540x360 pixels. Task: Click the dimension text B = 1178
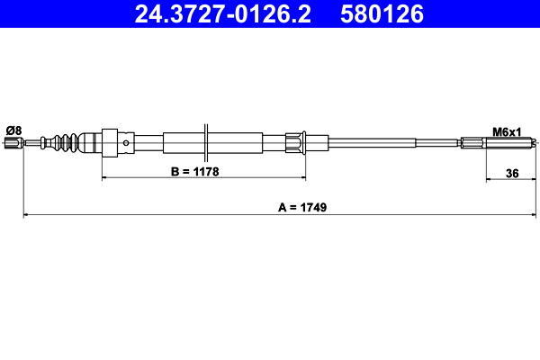coord(195,170)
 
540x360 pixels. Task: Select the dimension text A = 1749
coord(301,206)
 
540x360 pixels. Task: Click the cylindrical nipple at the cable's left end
coord(13,142)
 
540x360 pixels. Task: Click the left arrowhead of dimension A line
coord(26,215)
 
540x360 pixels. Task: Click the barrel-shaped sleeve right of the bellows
coord(91,142)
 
